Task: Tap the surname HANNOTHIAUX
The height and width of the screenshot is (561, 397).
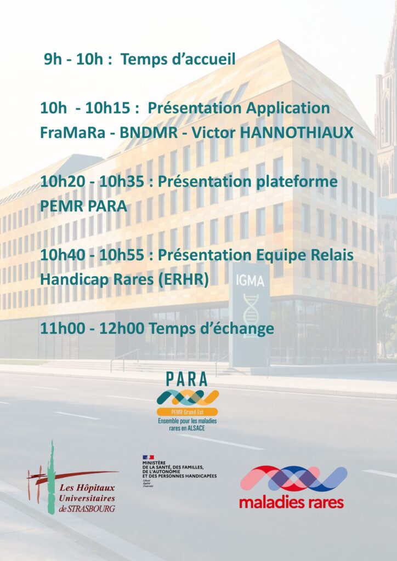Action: click(297, 133)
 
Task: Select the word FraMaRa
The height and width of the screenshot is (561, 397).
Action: click(73, 133)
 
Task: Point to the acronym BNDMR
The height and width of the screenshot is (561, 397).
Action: click(149, 133)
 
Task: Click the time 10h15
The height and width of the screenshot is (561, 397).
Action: click(107, 108)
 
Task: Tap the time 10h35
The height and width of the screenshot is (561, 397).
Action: click(121, 182)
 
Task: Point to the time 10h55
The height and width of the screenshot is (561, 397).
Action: click(121, 255)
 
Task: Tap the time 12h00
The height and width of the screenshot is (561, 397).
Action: click(121, 329)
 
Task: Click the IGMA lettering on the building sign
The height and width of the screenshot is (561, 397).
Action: click(250, 281)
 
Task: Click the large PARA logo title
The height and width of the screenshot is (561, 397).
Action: click(187, 380)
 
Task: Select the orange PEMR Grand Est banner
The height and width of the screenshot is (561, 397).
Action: click(187, 412)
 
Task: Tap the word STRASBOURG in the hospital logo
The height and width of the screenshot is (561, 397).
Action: click(92, 508)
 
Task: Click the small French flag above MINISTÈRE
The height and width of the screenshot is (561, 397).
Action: click(148, 457)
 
